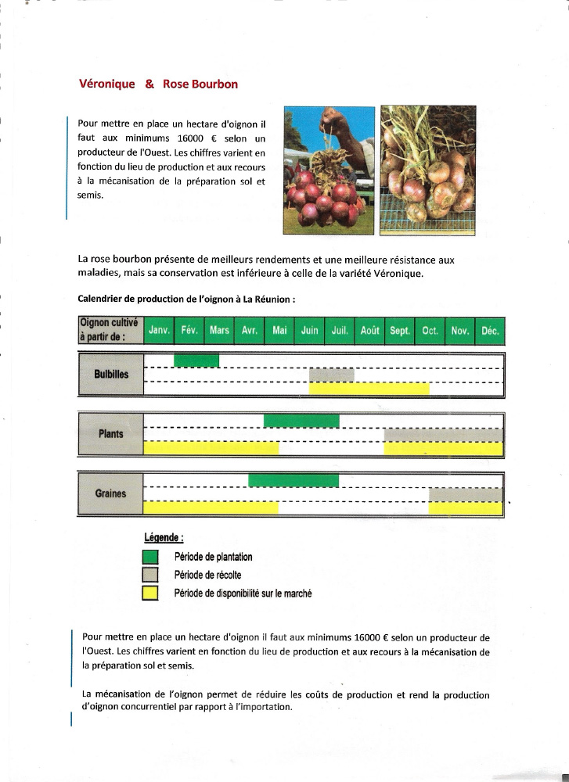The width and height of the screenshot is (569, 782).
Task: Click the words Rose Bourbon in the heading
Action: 200,84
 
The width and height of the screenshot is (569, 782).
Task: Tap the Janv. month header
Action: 160,331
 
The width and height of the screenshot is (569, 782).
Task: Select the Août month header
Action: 369,331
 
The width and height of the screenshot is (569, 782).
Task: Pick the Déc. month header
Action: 490,331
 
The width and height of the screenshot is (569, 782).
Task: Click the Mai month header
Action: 279,331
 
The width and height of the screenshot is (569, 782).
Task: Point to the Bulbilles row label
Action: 111,375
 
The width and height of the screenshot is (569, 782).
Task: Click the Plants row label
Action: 111,434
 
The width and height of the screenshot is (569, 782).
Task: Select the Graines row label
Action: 110,493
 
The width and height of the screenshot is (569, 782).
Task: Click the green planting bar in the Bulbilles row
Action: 196,361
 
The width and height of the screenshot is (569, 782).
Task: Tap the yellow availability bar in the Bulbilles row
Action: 369,389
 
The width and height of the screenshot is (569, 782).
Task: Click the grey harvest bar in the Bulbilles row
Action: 332,375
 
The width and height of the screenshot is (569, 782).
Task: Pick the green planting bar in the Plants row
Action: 301,421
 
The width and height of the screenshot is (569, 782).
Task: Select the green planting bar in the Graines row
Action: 294,480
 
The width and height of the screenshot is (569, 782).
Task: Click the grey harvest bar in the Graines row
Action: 466,494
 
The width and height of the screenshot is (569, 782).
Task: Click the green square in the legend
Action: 151,558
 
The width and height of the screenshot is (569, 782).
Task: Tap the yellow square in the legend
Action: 151,594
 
